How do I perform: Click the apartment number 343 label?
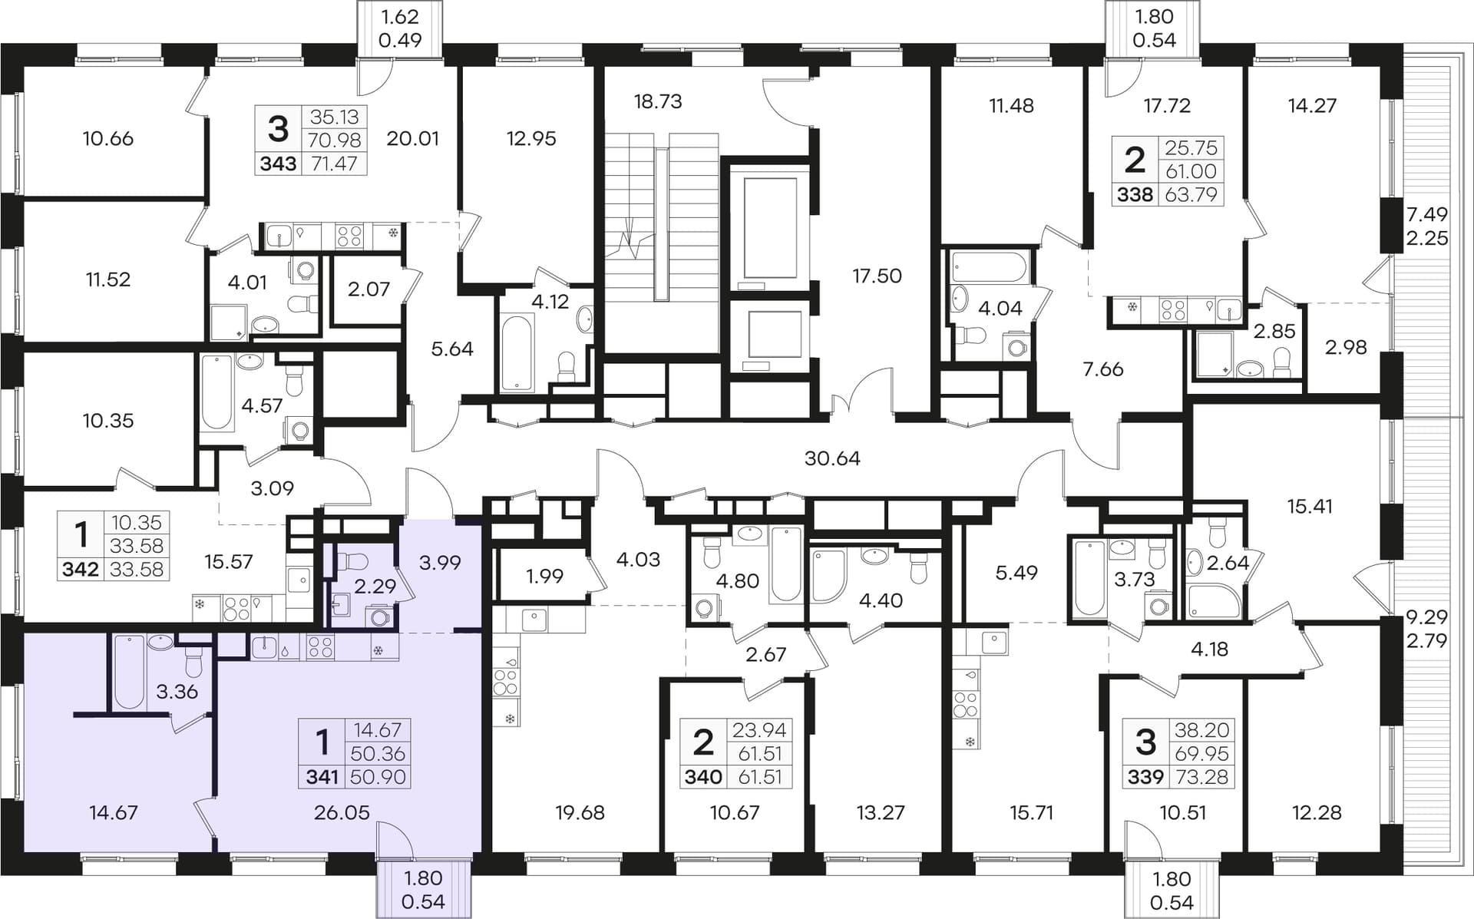[278, 164]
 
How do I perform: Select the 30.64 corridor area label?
[832, 458]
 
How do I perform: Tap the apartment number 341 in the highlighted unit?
[322, 777]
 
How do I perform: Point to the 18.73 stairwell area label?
[658, 101]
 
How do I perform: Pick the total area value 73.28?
[1201, 777]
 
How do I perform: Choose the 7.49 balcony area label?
[1427, 214]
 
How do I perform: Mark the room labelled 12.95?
[531, 138]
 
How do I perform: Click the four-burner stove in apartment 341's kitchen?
[320, 648]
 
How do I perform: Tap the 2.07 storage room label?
[368, 289]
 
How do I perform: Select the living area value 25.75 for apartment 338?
[1191, 147]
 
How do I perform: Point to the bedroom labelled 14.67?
[114, 812]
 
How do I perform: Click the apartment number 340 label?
[703, 777]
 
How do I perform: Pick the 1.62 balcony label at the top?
[400, 16]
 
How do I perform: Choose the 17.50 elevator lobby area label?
[877, 276]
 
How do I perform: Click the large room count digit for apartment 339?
[1145, 742]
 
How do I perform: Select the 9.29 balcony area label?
[1427, 617]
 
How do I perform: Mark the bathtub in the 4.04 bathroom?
[989, 267]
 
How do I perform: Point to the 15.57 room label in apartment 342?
[229, 562]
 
